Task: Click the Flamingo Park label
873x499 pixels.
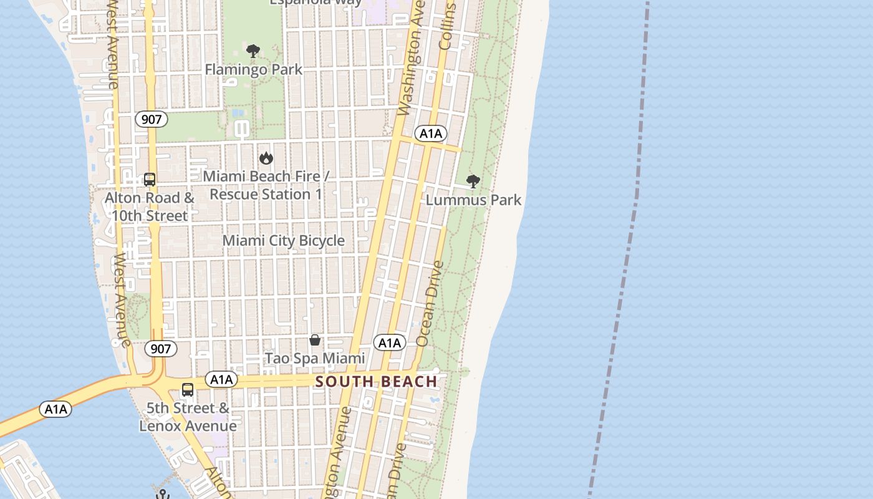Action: pos(254,69)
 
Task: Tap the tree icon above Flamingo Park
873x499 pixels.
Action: pos(253,51)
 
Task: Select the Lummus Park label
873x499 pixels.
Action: pos(474,200)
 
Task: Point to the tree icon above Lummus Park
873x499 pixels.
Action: pos(473,182)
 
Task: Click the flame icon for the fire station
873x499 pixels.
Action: pos(266,158)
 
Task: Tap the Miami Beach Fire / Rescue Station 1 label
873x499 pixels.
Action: pos(266,185)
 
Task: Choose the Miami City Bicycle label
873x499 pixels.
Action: pos(284,240)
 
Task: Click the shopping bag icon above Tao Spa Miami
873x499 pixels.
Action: pos(315,340)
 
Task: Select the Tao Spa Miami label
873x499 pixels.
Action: pos(315,358)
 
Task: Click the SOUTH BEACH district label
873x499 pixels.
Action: pos(376,381)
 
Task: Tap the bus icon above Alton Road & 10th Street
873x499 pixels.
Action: pos(150,180)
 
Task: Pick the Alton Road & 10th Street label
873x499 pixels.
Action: pos(150,207)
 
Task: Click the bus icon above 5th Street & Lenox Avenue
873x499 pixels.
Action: pos(188,390)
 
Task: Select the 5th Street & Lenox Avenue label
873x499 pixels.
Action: pos(188,417)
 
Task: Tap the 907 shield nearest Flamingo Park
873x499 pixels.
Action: pos(152,119)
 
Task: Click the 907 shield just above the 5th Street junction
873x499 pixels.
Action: pos(161,349)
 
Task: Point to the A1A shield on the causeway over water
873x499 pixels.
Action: pos(55,409)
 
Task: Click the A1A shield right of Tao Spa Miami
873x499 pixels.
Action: pos(390,342)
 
